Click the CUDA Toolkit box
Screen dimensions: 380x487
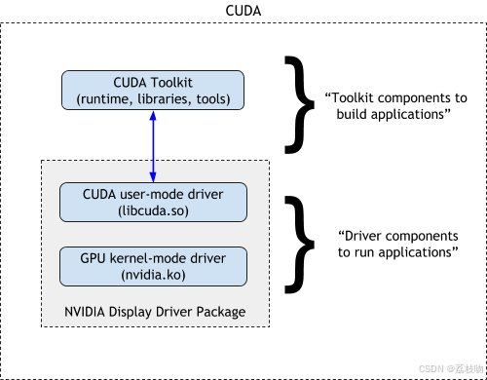point(153,90)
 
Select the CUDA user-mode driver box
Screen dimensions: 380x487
point(153,202)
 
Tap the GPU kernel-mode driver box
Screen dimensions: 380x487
point(153,265)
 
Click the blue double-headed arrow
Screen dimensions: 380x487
point(153,145)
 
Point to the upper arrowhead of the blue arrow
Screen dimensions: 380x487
point(153,115)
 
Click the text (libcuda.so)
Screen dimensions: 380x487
point(153,210)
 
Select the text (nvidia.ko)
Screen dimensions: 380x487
point(153,275)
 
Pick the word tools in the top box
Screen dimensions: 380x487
point(212,98)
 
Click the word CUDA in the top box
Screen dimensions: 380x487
point(130,81)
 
